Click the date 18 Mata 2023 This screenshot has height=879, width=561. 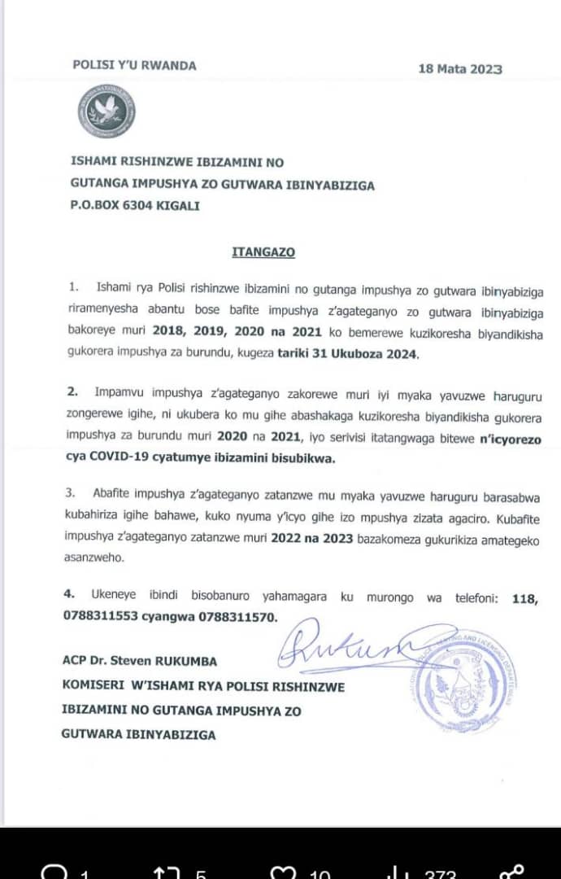(460, 68)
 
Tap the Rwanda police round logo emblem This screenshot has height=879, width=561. (107, 110)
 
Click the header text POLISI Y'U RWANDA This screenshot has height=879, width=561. (134, 65)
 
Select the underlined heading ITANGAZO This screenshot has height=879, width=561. (263, 252)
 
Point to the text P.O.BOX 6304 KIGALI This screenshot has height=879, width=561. (134, 207)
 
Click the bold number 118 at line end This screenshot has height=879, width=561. (525, 597)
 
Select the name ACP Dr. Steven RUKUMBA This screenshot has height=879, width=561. (139, 661)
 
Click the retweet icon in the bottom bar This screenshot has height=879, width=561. (167, 872)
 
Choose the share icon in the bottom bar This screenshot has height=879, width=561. (513, 872)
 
